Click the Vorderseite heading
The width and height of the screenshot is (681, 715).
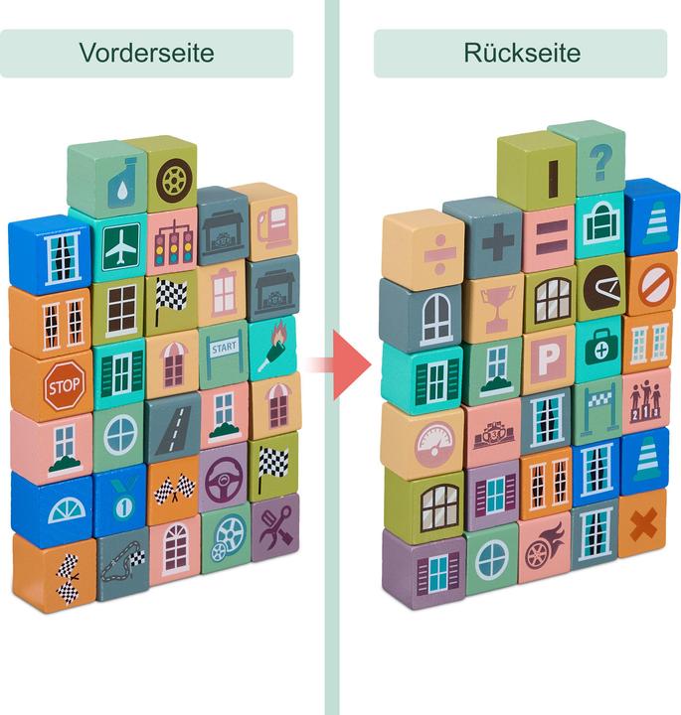pyautogui.click(x=146, y=53)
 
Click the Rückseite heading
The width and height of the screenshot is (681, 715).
pyautogui.click(x=521, y=53)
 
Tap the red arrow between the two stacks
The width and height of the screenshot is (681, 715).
pyautogui.click(x=342, y=364)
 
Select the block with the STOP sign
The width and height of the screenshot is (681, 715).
pyautogui.click(x=63, y=384)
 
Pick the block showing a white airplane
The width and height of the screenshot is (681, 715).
pyautogui.click(x=120, y=245)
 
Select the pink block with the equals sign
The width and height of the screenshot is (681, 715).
pyautogui.click(x=549, y=239)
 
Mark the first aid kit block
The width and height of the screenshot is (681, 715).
pyautogui.click(x=599, y=345)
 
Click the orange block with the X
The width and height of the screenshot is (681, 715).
pyautogui.click(x=643, y=523)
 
